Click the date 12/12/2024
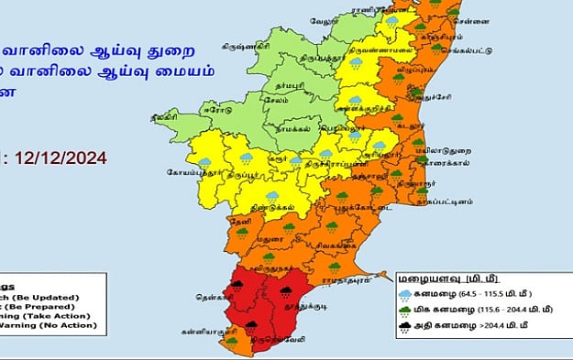57,157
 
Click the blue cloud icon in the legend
404,294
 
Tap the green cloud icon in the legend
404,311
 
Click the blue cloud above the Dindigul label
271,195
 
